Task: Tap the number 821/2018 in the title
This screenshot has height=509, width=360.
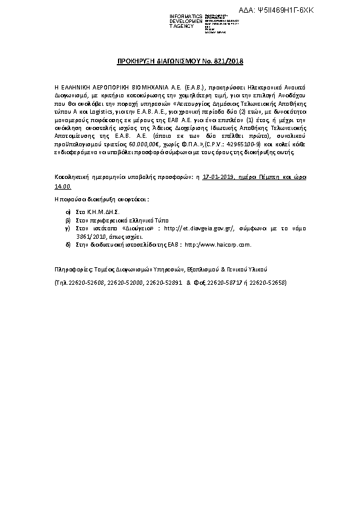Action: tap(227, 61)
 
